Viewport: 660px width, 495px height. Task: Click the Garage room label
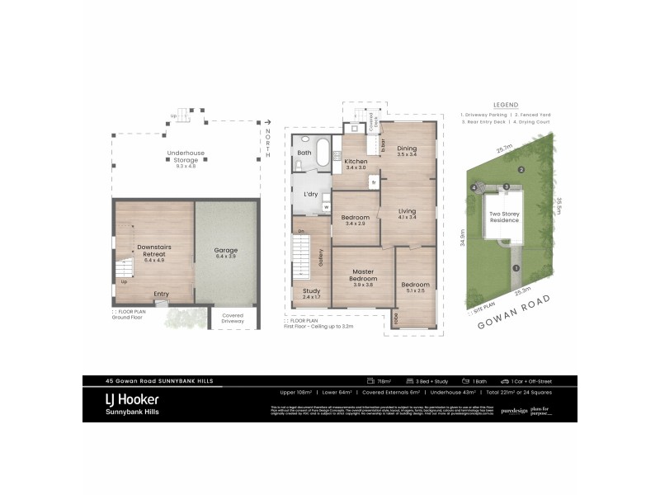click(225, 250)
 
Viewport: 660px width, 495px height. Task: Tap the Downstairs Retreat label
click(154, 250)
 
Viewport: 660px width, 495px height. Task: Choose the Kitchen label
click(356, 161)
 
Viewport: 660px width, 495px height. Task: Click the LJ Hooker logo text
click(132, 399)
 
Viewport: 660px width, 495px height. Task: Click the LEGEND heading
click(506, 105)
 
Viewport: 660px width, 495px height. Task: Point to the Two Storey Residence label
click(505, 217)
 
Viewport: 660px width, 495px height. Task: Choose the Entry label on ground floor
click(161, 294)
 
